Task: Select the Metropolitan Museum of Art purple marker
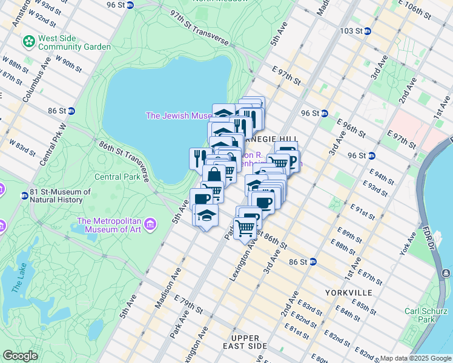point(148,225)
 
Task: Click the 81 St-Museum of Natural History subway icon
point(24,195)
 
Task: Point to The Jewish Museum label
point(178,116)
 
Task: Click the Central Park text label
point(117,177)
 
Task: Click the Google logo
point(20,356)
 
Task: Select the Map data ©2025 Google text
point(415,358)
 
